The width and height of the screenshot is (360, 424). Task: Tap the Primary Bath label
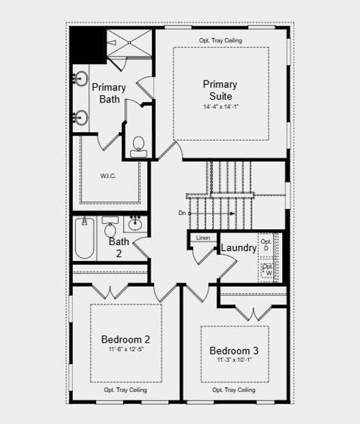[109, 93]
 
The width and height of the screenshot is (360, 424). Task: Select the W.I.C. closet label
[108, 176]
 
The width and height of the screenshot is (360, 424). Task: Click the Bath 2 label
[119, 247]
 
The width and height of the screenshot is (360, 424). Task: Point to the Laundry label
[238, 248]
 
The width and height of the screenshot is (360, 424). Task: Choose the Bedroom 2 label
[125, 339]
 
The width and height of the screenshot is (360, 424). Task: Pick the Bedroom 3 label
[234, 351]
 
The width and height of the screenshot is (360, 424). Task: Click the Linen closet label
[203, 238]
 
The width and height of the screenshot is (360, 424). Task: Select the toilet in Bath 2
[110, 228]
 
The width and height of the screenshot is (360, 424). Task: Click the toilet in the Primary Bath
[137, 145]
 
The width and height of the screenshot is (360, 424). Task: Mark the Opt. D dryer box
[266, 245]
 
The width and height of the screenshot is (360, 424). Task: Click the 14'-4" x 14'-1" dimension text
[220, 107]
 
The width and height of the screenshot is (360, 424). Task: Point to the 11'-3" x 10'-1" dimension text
[234, 360]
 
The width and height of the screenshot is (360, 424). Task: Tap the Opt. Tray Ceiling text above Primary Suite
[220, 40]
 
